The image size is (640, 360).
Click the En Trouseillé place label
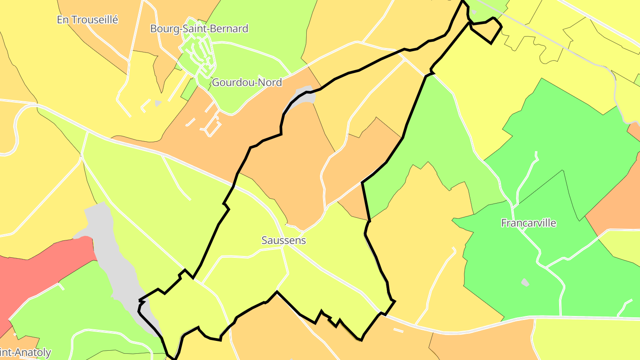point(88,20)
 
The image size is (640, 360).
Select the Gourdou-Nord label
point(247,82)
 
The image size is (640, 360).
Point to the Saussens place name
point(284,240)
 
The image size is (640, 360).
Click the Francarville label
point(528,223)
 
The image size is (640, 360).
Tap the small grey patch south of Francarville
point(525,282)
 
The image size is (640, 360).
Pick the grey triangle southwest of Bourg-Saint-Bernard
point(158,103)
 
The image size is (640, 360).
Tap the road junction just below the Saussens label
point(282,248)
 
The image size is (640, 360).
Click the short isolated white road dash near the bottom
point(398,330)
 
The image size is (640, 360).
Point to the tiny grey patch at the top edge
point(474,12)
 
